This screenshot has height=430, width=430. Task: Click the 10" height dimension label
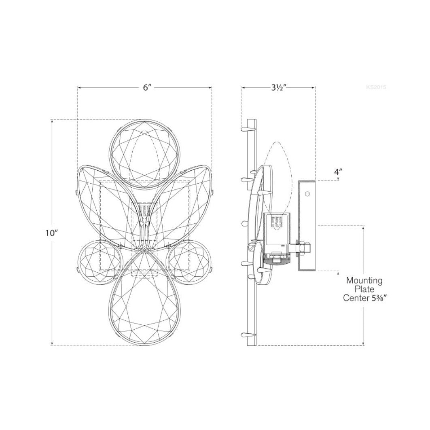pos(51,233)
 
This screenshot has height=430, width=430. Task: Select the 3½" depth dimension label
pos(279,88)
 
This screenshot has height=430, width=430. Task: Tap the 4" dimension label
pos(338,172)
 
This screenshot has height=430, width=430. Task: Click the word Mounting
pos(364,281)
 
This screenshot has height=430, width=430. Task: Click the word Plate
pos(364,289)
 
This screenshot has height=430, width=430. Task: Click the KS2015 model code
pos(376,87)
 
